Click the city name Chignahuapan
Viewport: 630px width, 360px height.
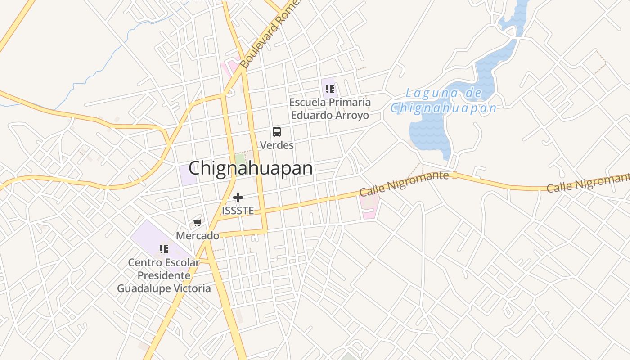(x=250, y=168)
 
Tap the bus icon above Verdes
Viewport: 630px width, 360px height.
(x=277, y=132)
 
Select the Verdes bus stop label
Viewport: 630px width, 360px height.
(x=277, y=145)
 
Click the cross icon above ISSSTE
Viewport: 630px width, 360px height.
(x=238, y=198)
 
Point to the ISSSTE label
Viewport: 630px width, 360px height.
(x=238, y=211)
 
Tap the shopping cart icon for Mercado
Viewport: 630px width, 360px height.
(x=197, y=222)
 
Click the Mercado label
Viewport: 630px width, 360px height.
(x=198, y=236)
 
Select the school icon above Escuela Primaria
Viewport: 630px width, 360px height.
(x=330, y=89)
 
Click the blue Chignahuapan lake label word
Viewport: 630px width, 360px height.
(x=443, y=108)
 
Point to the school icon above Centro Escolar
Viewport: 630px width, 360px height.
(x=164, y=249)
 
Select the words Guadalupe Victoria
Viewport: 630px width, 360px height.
(x=164, y=288)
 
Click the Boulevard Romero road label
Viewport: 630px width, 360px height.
(x=269, y=36)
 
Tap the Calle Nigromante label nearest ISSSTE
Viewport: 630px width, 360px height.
(x=404, y=184)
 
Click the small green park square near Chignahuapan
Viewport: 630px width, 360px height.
(x=240, y=158)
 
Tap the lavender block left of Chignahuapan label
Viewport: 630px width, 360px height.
(x=187, y=175)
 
